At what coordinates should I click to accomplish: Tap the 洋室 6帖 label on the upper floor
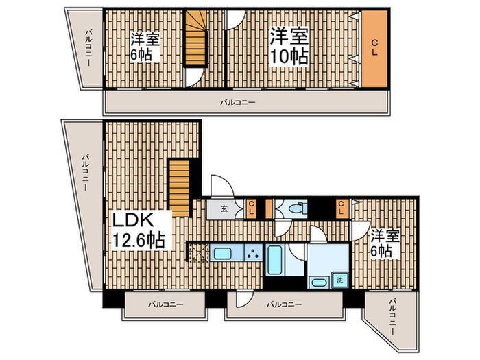click(x=145, y=47)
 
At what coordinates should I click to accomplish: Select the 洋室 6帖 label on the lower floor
click(x=383, y=244)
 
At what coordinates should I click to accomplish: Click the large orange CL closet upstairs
click(x=374, y=49)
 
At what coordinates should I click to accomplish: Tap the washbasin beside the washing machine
click(x=318, y=282)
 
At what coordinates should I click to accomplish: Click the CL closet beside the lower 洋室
click(x=340, y=208)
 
